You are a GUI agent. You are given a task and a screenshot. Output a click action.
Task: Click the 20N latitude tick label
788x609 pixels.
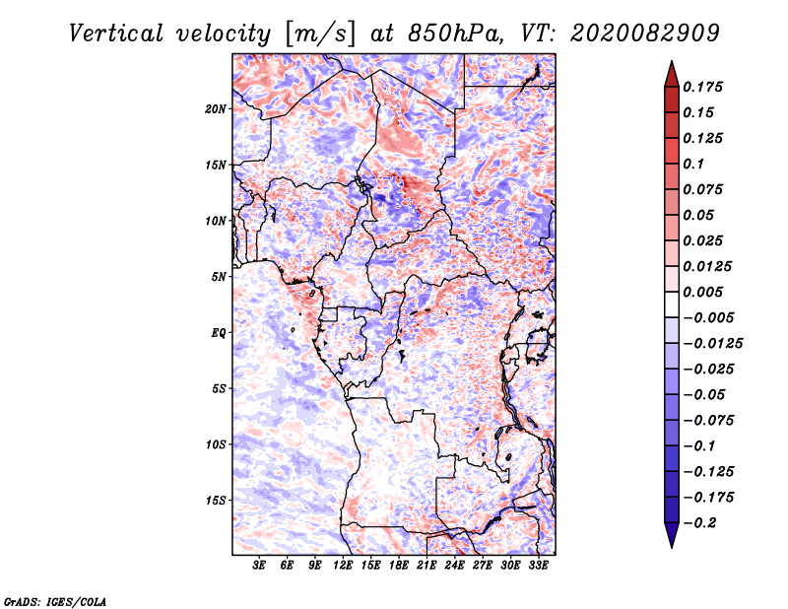(216, 108)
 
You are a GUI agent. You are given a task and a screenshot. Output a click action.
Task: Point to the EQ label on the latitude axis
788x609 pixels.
(219, 333)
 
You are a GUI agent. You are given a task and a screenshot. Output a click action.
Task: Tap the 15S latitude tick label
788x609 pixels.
(216, 501)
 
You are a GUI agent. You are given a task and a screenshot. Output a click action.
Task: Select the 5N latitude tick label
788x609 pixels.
(219, 277)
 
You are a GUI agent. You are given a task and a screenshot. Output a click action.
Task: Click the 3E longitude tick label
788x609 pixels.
(259, 566)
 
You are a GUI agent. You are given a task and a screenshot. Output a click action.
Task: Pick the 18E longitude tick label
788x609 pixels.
(399, 566)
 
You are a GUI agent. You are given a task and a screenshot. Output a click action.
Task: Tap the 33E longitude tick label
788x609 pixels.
(539, 566)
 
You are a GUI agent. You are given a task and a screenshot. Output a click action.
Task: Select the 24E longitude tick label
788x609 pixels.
(455, 566)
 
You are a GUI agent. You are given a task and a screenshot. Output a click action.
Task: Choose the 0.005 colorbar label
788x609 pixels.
(704, 292)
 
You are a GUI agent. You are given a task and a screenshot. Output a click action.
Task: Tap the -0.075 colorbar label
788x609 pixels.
(708, 420)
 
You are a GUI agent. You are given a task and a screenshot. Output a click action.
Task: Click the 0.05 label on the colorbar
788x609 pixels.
(699, 215)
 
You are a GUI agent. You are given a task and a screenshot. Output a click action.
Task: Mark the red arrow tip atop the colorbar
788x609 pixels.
(670, 67)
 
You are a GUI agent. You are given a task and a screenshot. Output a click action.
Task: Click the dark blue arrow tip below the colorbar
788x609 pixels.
(670, 542)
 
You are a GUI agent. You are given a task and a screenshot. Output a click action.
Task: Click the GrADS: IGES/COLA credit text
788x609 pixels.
(54, 601)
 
